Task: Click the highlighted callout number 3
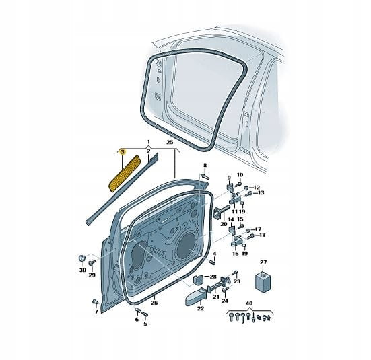[x=122, y=152]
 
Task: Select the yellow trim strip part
[x=125, y=172]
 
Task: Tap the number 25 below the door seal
[x=170, y=142]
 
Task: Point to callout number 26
[x=154, y=303]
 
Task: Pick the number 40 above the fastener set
[x=249, y=303]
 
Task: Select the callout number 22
[x=201, y=308]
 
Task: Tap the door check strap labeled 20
[x=221, y=211]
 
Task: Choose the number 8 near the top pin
[x=205, y=165]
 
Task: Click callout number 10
[x=240, y=175]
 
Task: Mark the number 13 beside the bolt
[x=261, y=193]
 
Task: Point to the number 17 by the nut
[x=258, y=229]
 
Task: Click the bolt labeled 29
[x=92, y=263]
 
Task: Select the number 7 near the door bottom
[x=96, y=312]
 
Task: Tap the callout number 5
[x=145, y=324]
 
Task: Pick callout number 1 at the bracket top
[x=149, y=142]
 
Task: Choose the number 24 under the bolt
[x=225, y=301]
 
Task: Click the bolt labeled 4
[x=212, y=262]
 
